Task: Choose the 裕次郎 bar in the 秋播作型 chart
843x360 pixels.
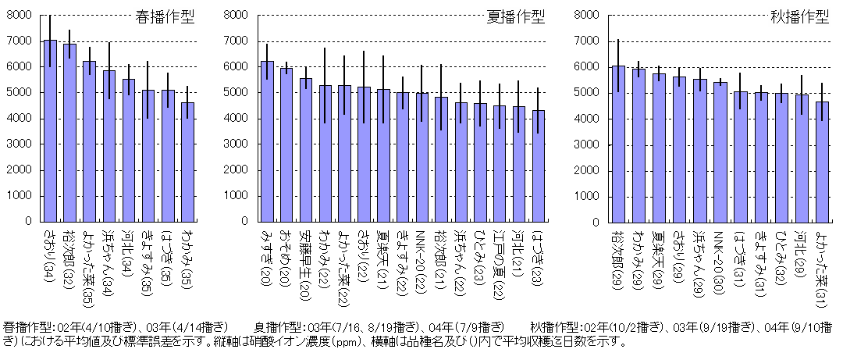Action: (x=618, y=144)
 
